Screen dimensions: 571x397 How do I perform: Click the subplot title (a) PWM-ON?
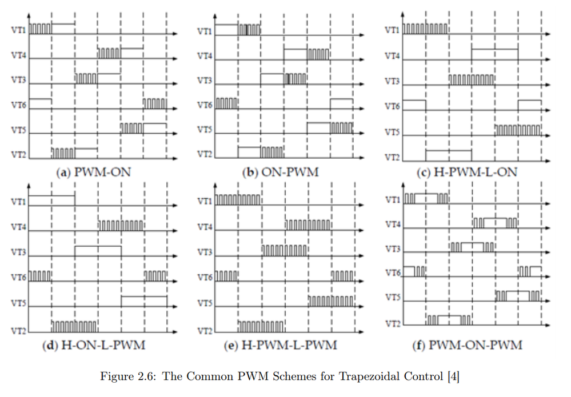pyautogui.click(x=94, y=172)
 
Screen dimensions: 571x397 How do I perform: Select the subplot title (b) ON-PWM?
pyautogui.click(x=281, y=172)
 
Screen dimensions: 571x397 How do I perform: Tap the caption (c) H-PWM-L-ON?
pyautogui.click(x=467, y=172)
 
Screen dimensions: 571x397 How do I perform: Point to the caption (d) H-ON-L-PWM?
pyautogui.click(x=94, y=345)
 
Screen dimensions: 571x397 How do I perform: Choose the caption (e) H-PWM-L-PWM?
pyautogui.click(x=281, y=345)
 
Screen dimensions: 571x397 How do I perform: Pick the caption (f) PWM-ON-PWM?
pyautogui.click(x=467, y=345)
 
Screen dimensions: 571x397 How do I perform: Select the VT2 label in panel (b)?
pyautogui.click(x=205, y=154)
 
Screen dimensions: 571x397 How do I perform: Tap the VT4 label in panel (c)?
pyautogui.click(x=392, y=56)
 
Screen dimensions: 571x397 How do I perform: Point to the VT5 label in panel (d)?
pyautogui.click(x=18, y=303)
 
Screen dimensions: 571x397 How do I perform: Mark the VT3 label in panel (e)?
pyautogui.click(x=205, y=252)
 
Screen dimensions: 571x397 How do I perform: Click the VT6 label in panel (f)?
pyautogui.click(x=393, y=272)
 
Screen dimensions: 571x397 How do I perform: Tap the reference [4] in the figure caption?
pyautogui.click(x=453, y=376)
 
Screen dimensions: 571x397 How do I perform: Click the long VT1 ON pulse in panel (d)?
pyautogui.click(x=52, y=196)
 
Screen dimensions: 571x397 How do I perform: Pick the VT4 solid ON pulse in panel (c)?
pyautogui.click(x=494, y=49)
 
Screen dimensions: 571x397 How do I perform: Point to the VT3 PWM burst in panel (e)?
pyautogui.click(x=285, y=251)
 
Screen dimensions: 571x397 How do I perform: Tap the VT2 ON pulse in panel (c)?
pyautogui.click(x=448, y=150)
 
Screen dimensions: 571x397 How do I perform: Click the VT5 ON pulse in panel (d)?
pyautogui.click(x=144, y=296)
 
